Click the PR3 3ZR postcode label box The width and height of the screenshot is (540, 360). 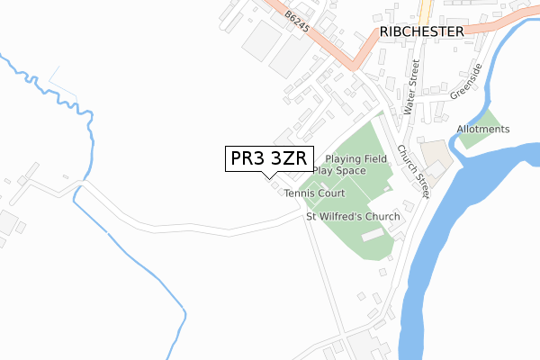[x=269, y=158]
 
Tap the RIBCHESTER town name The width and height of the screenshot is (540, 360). [x=421, y=31]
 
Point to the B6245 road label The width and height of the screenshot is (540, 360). [x=297, y=22]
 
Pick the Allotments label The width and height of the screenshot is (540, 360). [x=482, y=130]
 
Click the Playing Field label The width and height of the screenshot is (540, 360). [x=356, y=158]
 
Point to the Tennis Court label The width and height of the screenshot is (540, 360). [x=314, y=193]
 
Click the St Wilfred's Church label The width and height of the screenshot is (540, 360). [x=353, y=216]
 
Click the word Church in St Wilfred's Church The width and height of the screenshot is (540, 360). [x=382, y=216]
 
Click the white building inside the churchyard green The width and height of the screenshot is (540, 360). [x=373, y=235]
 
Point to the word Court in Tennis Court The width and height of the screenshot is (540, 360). [x=331, y=193]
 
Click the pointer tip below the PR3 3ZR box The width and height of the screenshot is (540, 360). [x=269, y=177]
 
